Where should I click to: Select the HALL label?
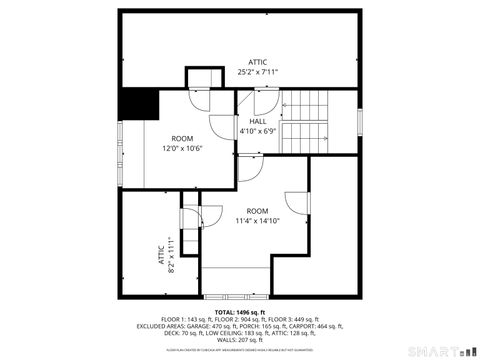(257, 121)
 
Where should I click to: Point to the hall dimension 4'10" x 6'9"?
(257, 131)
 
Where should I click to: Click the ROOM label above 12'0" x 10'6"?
(182, 138)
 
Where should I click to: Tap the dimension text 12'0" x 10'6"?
(182, 148)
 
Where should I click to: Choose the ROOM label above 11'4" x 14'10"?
(258, 210)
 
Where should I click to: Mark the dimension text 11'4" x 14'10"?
(258, 220)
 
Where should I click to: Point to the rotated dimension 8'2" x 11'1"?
(171, 255)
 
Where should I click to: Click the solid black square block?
(138, 104)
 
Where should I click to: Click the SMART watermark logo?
(438, 351)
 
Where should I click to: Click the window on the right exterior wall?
(358, 121)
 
